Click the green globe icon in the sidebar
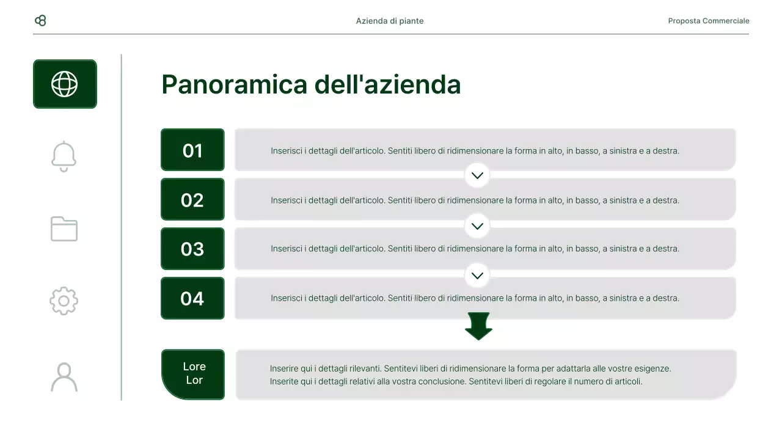[65, 84]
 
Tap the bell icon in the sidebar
[64, 156]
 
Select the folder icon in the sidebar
[64, 229]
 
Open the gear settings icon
[64, 301]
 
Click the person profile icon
[64, 377]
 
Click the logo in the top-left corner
[40, 21]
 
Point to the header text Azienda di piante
[390, 21]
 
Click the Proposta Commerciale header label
[708, 21]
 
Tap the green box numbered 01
[192, 150]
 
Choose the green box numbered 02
[192, 200]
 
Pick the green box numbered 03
[192, 249]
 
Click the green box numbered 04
[192, 298]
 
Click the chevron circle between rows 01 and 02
[477, 175]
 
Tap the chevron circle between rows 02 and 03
[477, 226]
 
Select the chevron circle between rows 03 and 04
[477, 275]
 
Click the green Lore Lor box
[194, 374]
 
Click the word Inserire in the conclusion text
[285, 369]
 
